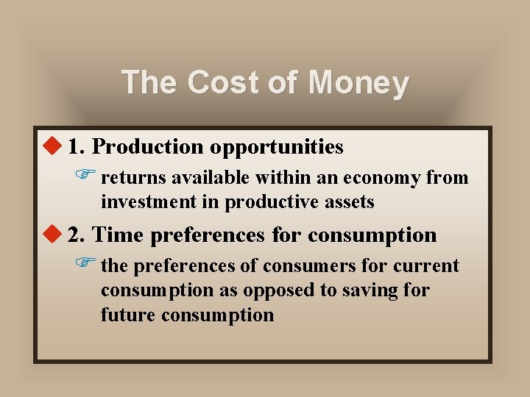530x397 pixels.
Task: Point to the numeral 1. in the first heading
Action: coord(77,147)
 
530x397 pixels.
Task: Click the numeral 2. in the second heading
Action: coord(77,235)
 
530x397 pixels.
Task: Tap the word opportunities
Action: coord(276,148)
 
